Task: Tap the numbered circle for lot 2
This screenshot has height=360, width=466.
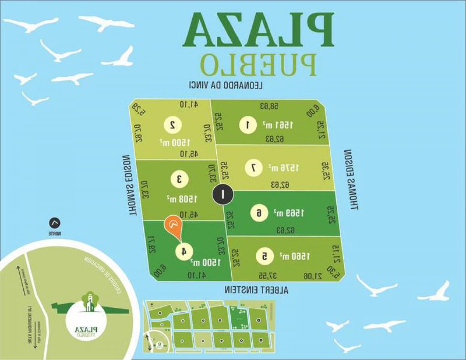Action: (172, 125)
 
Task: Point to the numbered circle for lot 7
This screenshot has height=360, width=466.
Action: (253, 168)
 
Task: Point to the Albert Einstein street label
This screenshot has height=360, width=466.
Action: (256, 289)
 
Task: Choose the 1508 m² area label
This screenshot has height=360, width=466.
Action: (182, 199)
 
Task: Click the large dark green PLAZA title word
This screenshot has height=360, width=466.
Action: (258, 30)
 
